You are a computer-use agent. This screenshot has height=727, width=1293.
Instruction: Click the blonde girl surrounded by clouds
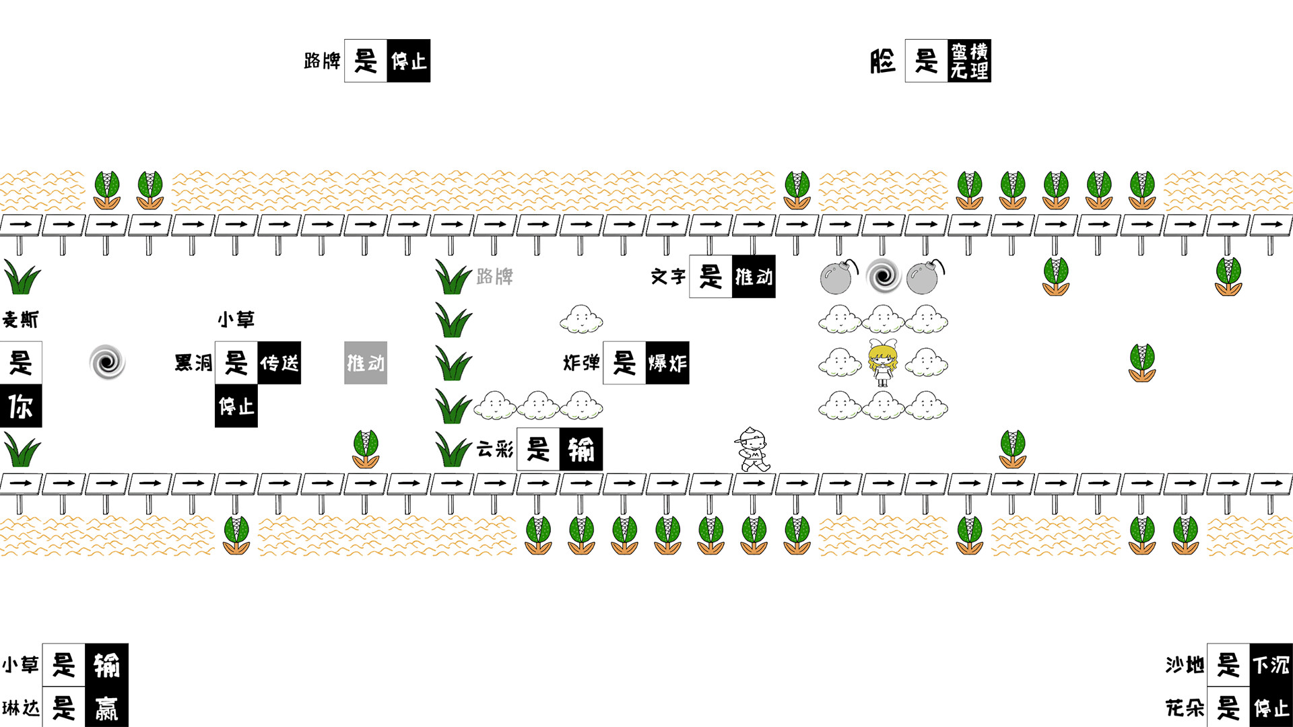[882, 363]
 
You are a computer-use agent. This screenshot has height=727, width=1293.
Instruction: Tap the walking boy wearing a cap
[753, 449]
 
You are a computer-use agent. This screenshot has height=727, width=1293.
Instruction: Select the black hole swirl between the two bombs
[884, 276]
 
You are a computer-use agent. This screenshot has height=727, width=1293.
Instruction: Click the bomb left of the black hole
[839, 277]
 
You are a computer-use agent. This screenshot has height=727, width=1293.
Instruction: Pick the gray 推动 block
[366, 363]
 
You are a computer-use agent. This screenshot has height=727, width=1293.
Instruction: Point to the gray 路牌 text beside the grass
[495, 277]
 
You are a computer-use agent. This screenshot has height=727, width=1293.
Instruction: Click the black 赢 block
[106, 707]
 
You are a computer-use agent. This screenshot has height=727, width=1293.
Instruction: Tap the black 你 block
[21, 406]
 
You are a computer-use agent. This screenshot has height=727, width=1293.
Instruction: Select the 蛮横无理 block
[969, 61]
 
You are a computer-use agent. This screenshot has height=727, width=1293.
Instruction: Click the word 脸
[883, 61]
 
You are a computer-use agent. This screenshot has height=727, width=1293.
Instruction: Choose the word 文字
[668, 277]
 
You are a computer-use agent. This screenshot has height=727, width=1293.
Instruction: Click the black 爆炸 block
[667, 363]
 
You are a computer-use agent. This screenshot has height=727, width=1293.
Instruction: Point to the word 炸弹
[582, 363]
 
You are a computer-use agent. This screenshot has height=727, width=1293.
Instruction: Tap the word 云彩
[495, 449]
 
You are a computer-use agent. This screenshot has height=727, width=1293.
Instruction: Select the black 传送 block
[279, 363]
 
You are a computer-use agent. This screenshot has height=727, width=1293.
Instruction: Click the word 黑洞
[193, 363]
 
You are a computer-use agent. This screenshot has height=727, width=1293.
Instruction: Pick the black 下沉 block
[1271, 665]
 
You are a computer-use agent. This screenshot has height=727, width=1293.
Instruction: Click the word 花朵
[1185, 708]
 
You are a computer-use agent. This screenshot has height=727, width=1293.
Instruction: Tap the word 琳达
[21, 708]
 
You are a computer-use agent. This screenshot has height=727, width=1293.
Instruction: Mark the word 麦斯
[21, 319]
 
